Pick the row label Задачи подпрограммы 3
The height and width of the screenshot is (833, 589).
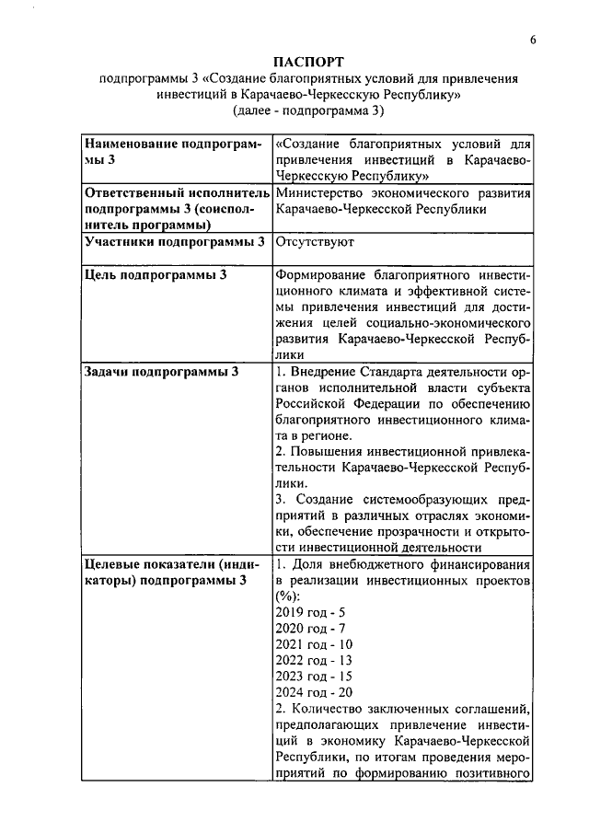tap(161, 371)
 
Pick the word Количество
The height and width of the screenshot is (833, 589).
tap(330, 709)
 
